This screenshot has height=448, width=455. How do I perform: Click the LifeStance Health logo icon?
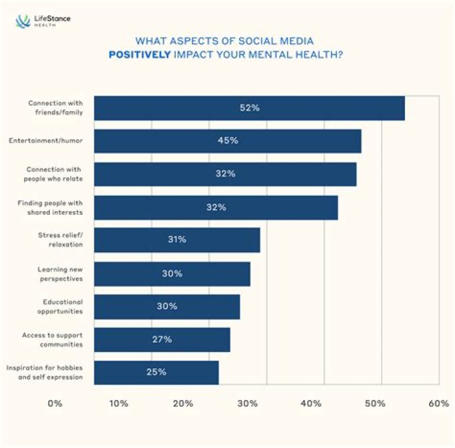[23, 21]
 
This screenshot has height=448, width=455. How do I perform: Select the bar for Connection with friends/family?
[249, 108]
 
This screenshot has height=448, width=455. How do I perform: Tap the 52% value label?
[249, 108]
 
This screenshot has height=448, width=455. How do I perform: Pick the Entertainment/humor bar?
[227, 141]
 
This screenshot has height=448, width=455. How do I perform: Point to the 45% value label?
[227, 141]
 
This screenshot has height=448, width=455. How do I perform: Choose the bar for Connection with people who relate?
[225, 174]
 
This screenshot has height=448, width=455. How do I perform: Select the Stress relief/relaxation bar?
[177, 240]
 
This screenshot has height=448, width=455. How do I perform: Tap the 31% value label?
[177, 240]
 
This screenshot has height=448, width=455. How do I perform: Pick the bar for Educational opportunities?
[167, 306]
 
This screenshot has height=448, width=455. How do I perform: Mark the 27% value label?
[162, 339]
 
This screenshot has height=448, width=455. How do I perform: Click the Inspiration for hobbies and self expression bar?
[156, 372]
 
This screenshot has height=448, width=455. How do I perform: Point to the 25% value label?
[156, 372]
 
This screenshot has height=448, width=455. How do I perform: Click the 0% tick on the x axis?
[54, 403]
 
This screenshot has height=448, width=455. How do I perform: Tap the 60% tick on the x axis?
[438, 403]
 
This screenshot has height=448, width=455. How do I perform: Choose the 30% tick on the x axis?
[247, 403]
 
